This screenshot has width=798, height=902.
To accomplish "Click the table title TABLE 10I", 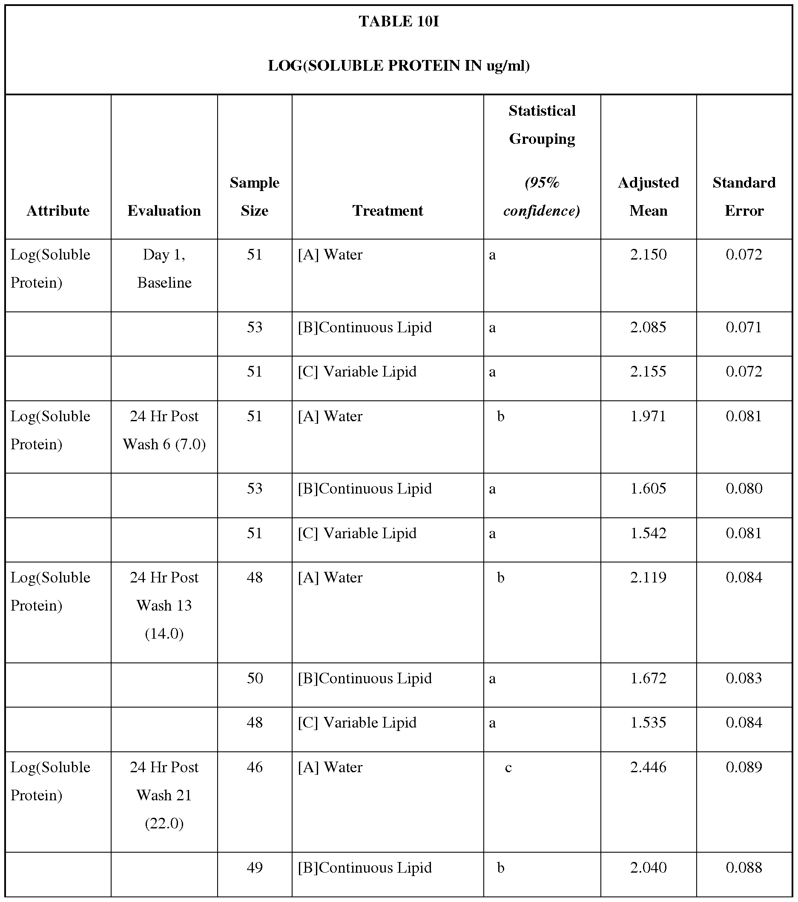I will [398, 21].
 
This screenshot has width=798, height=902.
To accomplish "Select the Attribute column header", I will [58, 211].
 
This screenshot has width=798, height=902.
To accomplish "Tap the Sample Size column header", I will [254, 197].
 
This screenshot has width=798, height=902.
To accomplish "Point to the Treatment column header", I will [388, 211].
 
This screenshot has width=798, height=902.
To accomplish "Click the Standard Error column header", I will [743, 197].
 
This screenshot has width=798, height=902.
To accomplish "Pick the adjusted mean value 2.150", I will [648, 254].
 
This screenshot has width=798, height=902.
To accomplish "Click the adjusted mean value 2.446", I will [648, 768].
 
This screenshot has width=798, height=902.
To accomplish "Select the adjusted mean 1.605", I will [648, 488].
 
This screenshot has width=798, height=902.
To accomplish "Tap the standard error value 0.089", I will [743, 768].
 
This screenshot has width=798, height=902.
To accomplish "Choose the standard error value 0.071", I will [743, 328].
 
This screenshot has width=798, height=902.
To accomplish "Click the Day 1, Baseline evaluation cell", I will [164, 268].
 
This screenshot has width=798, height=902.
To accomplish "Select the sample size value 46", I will [254, 768].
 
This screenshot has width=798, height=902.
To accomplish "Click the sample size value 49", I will [254, 868].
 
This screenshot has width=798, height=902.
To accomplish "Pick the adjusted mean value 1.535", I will [648, 722].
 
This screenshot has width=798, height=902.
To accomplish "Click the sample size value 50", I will [254, 678].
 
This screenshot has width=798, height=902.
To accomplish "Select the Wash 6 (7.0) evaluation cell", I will [164, 430].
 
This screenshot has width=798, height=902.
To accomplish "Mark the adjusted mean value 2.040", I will [648, 868].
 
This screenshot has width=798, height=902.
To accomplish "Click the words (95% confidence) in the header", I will [541, 197].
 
